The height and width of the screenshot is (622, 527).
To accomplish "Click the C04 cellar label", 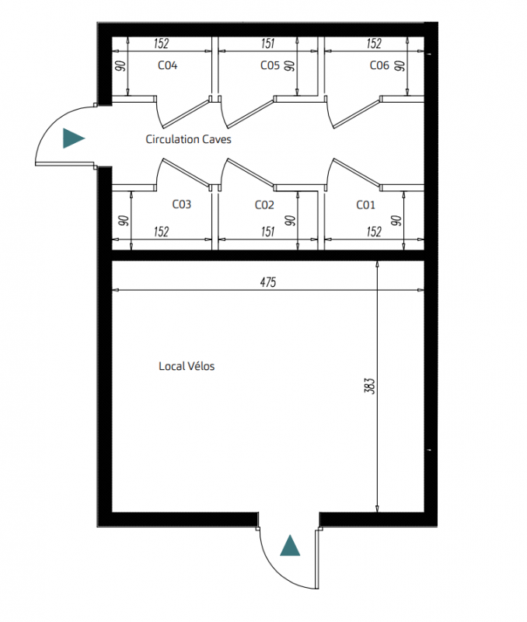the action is tap(167, 65).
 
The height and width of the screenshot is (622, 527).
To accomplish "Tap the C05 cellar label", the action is tap(270, 65).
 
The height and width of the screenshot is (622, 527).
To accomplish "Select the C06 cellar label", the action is tap(379, 65).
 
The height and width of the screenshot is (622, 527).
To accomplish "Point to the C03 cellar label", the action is tap(182, 204).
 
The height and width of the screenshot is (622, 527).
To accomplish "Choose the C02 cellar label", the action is tap(264, 205).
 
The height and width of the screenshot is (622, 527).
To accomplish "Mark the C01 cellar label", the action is tap(365, 205).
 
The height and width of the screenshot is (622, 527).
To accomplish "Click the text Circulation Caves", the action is tap(188, 139).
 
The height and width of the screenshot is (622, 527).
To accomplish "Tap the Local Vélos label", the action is tap(187, 366).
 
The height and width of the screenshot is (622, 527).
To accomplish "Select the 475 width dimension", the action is tap(268, 282).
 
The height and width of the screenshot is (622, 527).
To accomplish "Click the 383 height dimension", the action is tap(369, 386).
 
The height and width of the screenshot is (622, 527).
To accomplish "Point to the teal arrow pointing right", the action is tap(74, 138).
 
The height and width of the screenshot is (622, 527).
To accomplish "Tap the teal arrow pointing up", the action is tap(290, 546).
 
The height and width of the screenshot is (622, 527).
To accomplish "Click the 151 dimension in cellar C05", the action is tap(268, 44).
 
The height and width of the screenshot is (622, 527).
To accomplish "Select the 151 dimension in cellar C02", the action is tap(268, 232).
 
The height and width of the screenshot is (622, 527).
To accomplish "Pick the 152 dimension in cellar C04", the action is tap(162, 44).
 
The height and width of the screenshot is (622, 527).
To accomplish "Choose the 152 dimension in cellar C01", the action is tap(374, 232).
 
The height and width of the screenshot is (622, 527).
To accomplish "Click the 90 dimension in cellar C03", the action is tap(124, 221).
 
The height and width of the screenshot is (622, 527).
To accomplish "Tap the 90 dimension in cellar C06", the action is tap(400, 66).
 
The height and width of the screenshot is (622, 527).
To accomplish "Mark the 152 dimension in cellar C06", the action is tap(374, 44).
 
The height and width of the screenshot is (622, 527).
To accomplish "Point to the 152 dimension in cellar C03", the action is tap(162, 232).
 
